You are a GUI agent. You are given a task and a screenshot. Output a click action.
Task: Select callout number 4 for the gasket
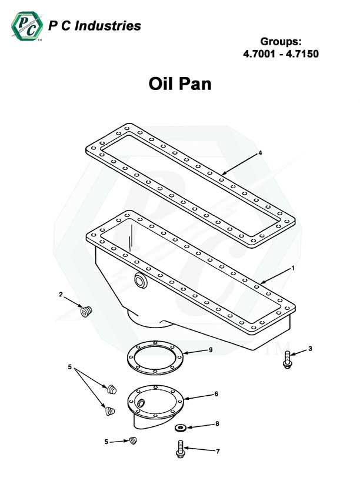click(260, 153)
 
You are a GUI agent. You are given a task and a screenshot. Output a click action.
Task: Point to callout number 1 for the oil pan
click(293, 268)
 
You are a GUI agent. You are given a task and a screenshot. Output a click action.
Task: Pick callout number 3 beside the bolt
click(310, 349)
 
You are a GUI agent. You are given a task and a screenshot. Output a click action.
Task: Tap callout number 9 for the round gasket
click(210, 350)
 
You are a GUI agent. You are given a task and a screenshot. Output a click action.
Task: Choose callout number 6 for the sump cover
click(216, 393)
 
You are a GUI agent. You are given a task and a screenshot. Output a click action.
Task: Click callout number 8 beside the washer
click(216, 423)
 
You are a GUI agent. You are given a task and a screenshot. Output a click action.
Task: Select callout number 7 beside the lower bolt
click(217, 451)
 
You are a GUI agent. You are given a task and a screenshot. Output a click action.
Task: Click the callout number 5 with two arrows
click(70, 368)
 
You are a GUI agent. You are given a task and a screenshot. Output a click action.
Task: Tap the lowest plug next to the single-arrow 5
click(134, 440)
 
